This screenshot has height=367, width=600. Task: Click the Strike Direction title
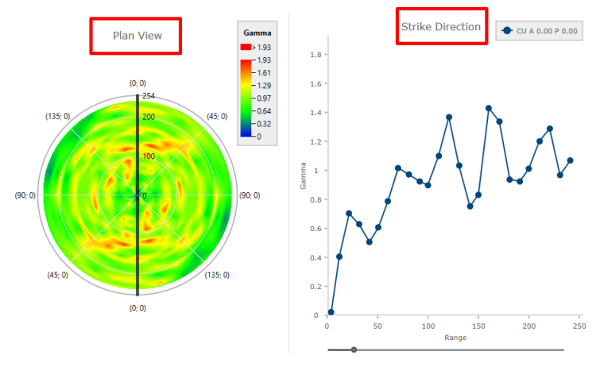(440, 27)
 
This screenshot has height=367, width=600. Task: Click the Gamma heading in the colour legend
(257, 33)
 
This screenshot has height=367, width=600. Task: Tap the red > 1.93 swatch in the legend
(246, 48)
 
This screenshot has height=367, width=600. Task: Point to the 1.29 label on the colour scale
(262, 85)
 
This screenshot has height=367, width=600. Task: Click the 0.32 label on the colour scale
(262, 123)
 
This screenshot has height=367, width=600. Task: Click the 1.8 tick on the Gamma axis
(315, 55)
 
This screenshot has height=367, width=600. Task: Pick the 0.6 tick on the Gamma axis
(315, 229)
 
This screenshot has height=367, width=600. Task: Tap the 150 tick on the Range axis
(478, 326)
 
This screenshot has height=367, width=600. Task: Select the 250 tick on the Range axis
(579, 326)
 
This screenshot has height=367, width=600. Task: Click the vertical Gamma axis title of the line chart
(301, 185)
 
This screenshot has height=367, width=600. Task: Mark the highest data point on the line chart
(488, 108)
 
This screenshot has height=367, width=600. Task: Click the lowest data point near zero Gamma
(331, 312)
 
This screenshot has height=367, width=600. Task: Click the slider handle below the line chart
(354, 350)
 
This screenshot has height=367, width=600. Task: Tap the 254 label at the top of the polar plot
(148, 96)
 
